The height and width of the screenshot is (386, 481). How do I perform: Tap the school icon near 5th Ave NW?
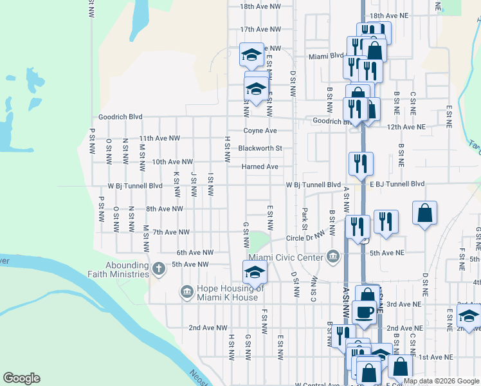pyautogui.click(x=255, y=273)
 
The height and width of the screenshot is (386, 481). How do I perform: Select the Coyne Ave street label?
pyautogui.click(x=260, y=131)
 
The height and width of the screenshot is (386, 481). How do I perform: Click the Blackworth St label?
pyautogui.click(x=260, y=149)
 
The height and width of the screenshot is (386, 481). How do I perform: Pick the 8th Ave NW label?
pyautogui.click(x=165, y=209)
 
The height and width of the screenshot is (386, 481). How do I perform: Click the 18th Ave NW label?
pyautogui.click(x=260, y=6)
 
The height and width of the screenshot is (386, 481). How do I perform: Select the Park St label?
pyautogui.click(x=304, y=217)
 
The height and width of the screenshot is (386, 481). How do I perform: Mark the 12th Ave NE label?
pyautogui.click(x=406, y=127)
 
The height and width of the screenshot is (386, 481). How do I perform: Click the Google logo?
pyautogui.click(x=21, y=378)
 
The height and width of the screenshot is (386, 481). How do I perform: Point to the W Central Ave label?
pyautogui.click(x=317, y=385)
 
